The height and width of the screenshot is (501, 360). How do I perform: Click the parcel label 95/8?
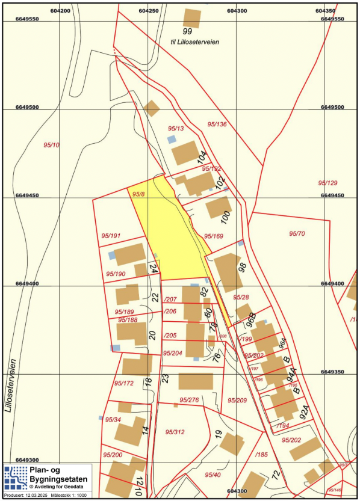click(138, 194)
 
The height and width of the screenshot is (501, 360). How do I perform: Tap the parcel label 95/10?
click(52, 145)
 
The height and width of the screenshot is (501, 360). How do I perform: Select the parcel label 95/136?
click(217, 124)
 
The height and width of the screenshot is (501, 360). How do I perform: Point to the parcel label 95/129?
click(328, 183)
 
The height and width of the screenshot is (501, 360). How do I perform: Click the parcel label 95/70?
click(297, 233)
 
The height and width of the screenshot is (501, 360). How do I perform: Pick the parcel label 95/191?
click(111, 236)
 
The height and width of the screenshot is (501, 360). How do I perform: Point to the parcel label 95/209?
click(237, 400)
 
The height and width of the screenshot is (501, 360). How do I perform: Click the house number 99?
click(187, 31)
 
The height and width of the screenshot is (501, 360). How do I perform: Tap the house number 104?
click(202, 158)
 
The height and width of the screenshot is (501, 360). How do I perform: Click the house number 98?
click(243, 268)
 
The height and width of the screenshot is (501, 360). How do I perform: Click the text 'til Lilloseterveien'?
click(193, 43)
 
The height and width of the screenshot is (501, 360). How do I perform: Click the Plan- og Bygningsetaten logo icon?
click(14, 478)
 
